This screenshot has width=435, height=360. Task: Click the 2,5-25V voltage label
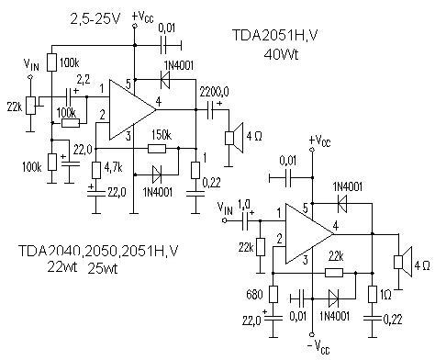click(95, 19)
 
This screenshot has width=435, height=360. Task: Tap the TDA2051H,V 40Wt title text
click(274, 45)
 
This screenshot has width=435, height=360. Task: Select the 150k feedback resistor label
click(162, 134)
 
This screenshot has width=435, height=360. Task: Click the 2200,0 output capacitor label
click(215, 91)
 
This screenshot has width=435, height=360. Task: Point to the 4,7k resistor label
click(113, 167)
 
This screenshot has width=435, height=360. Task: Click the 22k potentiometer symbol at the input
click(31, 106)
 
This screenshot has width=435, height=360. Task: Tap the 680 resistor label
click(254, 295)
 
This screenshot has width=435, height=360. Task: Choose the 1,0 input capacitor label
click(244, 204)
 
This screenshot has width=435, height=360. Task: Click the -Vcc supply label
click(318, 347)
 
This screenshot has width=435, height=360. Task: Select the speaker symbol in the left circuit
click(234, 138)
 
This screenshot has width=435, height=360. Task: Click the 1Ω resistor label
click(385, 295)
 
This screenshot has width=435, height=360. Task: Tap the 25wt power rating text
click(103, 268)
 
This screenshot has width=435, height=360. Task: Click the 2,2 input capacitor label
click(84, 80)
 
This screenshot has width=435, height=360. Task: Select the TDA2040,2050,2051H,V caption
click(98, 251)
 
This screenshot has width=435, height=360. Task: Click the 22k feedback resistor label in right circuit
click(336, 256)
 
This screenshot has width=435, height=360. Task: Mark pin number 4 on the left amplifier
click(158, 101)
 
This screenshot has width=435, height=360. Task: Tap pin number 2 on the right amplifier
click(279, 239)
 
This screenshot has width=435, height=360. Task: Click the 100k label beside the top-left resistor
click(69, 63)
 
